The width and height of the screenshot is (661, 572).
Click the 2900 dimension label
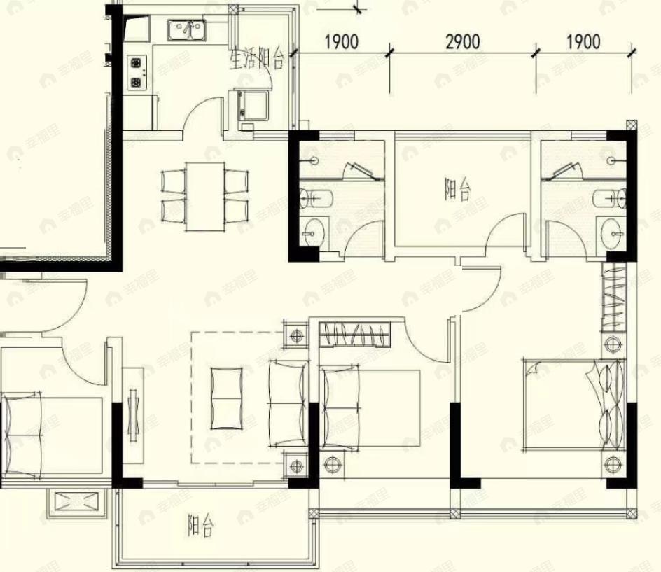463,42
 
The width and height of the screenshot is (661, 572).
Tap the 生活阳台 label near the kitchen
256,59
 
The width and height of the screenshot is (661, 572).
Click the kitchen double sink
186,30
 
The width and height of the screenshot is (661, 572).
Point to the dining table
205,197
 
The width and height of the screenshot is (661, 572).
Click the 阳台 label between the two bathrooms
457,189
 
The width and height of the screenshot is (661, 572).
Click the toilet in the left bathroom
316,198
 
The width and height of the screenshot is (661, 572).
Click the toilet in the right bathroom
610,197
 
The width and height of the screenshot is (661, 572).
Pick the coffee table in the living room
227,398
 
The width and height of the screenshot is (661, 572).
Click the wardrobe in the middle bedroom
354,334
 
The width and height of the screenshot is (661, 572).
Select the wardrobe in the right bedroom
614,297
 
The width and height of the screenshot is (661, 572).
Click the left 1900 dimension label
342,42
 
